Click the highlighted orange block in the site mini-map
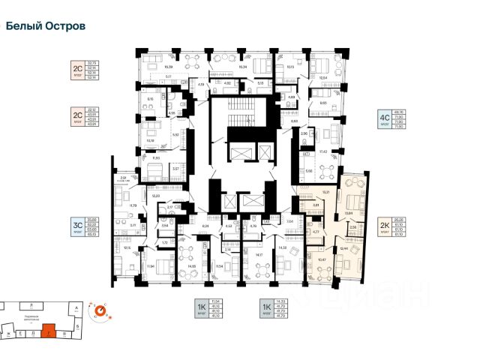[x=48, y=328]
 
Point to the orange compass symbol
[x=97, y=313]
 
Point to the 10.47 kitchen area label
[x=322, y=259]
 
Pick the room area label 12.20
[x=156, y=195]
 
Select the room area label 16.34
[x=241, y=66]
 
